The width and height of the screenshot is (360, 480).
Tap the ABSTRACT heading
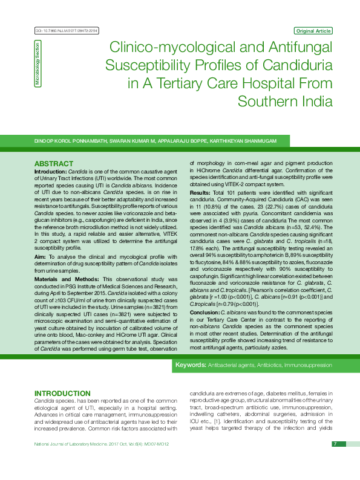point(53,164)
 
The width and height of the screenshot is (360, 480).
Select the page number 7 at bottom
point(334,444)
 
